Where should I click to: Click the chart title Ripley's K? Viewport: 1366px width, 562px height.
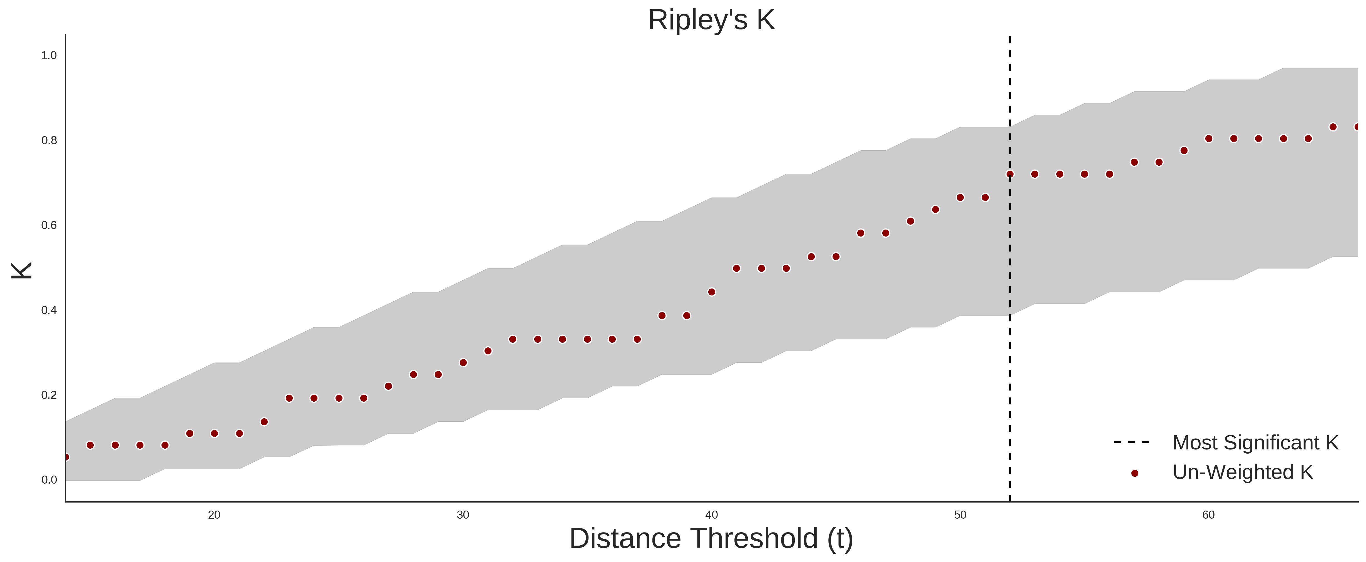point(711,20)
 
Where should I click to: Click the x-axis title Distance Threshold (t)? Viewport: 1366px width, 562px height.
point(711,539)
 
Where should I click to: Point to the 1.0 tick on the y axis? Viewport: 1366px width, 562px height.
point(49,56)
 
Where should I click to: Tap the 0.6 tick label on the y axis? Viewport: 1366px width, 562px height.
point(49,225)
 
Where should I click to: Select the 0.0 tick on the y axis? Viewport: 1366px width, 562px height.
point(49,480)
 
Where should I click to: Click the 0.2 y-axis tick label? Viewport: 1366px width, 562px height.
point(49,395)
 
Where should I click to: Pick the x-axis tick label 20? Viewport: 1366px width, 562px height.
point(214,515)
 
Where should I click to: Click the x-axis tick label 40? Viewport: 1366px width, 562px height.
point(712,515)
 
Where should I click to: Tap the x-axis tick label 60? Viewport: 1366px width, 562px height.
point(1208,515)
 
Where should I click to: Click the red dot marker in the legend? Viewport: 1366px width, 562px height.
point(1135,473)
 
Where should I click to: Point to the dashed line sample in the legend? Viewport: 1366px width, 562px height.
point(1132,442)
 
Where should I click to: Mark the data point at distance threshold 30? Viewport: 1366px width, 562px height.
point(463,363)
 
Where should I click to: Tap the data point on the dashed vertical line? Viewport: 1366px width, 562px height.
point(1010,174)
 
